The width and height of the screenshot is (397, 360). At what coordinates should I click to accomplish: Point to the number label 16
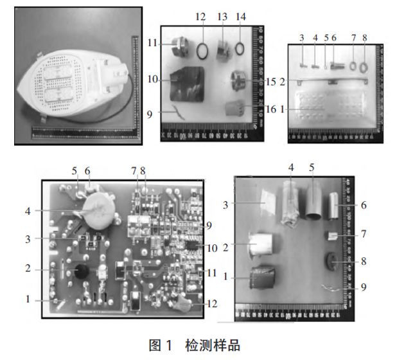tap(270, 110)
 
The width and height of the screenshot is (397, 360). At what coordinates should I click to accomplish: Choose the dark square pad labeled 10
tap(187, 84)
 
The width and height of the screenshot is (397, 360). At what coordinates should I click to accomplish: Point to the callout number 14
tap(241, 16)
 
